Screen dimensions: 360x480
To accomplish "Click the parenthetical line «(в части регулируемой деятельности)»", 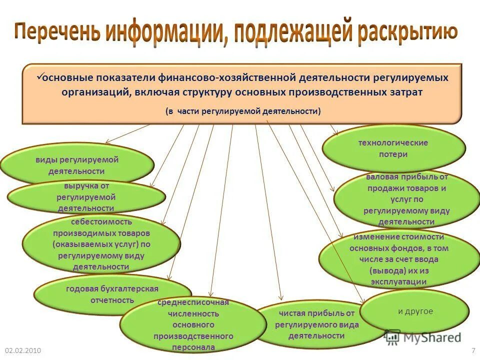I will [x=243, y=111].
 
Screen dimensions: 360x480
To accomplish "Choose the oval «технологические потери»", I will [x=393, y=148].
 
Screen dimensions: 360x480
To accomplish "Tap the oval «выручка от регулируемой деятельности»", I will [x=86, y=197].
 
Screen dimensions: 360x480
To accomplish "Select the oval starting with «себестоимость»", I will [x=101, y=244].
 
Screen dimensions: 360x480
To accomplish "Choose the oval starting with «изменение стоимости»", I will [x=398, y=259].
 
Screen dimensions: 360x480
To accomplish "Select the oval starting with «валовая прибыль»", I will [x=406, y=199].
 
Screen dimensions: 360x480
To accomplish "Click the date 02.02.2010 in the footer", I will [x=22, y=350].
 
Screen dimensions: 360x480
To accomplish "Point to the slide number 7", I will [x=473, y=350].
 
